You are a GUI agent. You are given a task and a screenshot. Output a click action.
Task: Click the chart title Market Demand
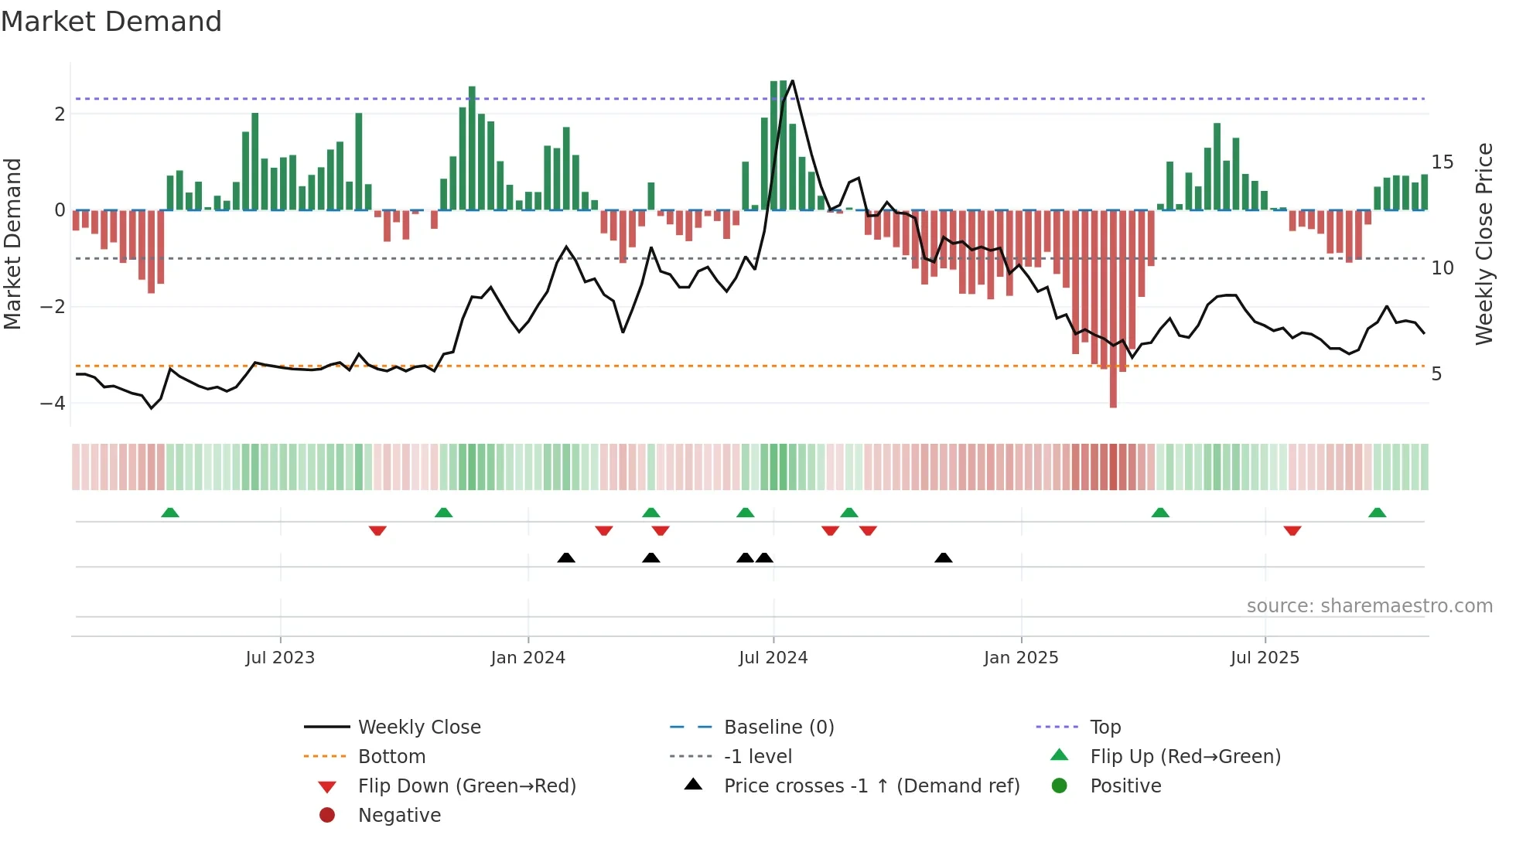pyautogui.click(x=111, y=22)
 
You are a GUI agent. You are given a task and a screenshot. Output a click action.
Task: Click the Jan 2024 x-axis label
pyautogui.click(x=528, y=658)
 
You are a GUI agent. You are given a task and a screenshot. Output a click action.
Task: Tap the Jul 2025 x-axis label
pyautogui.click(x=1265, y=658)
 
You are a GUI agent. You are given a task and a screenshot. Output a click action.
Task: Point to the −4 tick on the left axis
pyautogui.click(x=53, y=404)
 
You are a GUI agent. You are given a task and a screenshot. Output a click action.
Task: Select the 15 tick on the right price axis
pyautogui.click(x=1442, y=162)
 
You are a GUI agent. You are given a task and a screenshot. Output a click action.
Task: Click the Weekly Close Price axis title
pyautogui.click(x=1484, y=244)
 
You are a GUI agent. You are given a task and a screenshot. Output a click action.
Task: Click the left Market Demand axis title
pyautogui.click(x=13, y=244)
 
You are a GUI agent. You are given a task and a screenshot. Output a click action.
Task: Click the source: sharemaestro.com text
pyautogui.click(x=1369, y=606)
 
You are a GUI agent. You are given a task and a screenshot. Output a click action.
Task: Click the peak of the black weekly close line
pyautogui.click(x=792, y=81)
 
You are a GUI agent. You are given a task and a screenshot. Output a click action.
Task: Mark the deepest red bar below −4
pyautogui.click(x=1113, y=387)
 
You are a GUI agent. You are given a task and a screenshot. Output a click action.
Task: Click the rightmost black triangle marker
pyautogui.click(x=943, y=557)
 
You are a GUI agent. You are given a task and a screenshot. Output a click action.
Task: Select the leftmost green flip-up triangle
pyautogui.click(x=170, y=513)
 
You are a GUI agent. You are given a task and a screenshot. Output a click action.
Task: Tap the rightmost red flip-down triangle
pyautogui.click(x=1292, y=530)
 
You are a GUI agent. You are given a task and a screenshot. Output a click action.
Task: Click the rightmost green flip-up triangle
pyautogui.click(x=1377, y=513)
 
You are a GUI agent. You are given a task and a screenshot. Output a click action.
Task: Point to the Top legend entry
pyautogui.click(x=1105, y=728)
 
